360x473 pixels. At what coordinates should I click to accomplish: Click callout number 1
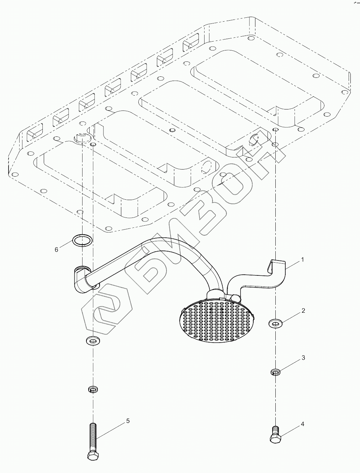(302, 259)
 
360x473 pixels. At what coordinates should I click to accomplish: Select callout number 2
(303, 311)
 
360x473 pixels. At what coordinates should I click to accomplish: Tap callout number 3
(303, 358)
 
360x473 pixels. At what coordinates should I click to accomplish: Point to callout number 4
(302, 424)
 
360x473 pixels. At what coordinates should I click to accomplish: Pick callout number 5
(128, 421)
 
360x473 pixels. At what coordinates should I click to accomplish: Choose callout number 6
(56, 249)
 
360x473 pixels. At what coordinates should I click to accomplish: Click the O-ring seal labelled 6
(82, 240)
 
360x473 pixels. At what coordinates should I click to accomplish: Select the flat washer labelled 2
(275, 323)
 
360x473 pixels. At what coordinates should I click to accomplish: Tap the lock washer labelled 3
(275, 372)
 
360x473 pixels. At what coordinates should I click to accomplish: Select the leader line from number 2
(291, 317)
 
